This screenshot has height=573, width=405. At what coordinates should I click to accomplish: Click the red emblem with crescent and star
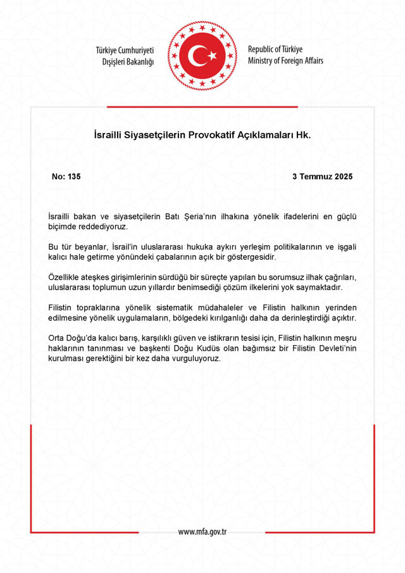pyautogui.click(x=202, y=56)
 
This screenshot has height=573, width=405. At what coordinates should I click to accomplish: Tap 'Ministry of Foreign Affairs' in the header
pyautogui.click(x=285, y=61)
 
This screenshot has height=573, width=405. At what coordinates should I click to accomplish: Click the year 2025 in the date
pyautogui.click(x=342, y=177)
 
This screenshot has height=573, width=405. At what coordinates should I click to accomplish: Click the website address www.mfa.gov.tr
pyautogui.click(x=202, y=532)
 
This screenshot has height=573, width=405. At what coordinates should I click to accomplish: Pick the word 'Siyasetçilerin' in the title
pyautogui.click(x=153, y=135)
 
